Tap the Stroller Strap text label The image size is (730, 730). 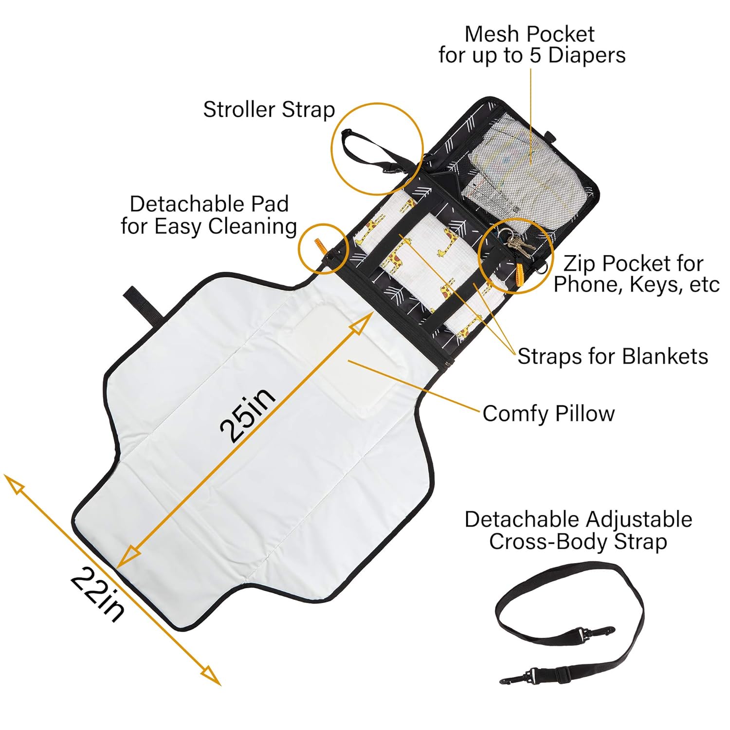tap(269, 109)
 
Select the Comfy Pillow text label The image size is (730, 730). tap(548, 414)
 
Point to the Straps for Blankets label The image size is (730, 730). tap(612, 356)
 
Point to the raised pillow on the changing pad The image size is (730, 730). tap(341, 360)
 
